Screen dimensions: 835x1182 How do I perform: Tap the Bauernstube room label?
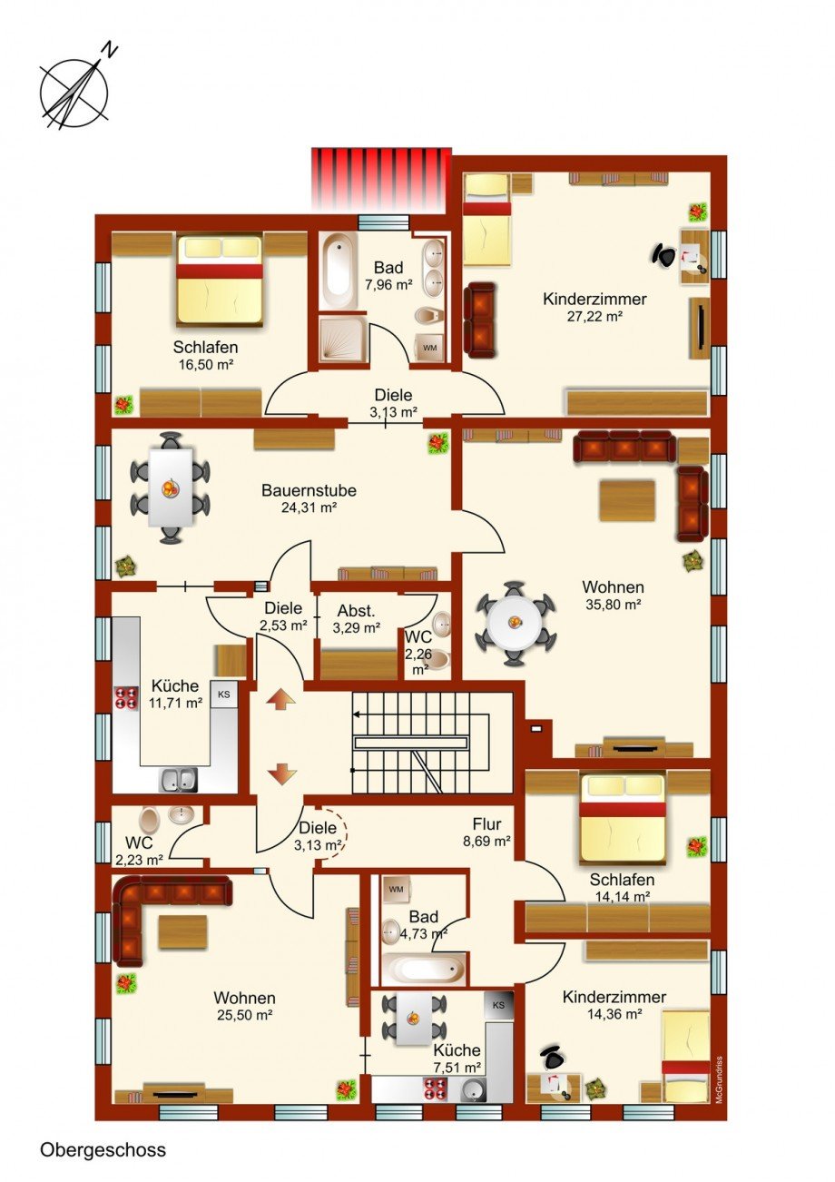click(309, 490)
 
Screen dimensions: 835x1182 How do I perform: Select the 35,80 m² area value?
click(613, 605)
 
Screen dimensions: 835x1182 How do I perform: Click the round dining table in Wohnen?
click(515, 623)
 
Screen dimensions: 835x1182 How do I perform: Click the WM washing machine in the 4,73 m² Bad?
click(396, 889)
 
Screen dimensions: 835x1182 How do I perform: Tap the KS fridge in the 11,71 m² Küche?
click(223, 694)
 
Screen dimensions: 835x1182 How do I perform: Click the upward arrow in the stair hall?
click(280, 701)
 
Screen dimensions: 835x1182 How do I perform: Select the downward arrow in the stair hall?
click(280, 774)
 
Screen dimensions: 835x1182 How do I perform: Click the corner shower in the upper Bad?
click(342, 340)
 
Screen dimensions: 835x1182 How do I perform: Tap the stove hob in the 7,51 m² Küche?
click(436, 1088)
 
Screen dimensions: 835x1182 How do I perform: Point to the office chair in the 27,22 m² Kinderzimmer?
click(664, 255)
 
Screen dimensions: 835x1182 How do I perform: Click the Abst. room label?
click(357, 611)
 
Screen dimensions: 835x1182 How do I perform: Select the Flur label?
click(486, 823)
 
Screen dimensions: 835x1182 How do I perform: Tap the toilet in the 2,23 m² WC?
click(149, 820)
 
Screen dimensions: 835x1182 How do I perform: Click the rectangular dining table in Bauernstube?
click(170, 488)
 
